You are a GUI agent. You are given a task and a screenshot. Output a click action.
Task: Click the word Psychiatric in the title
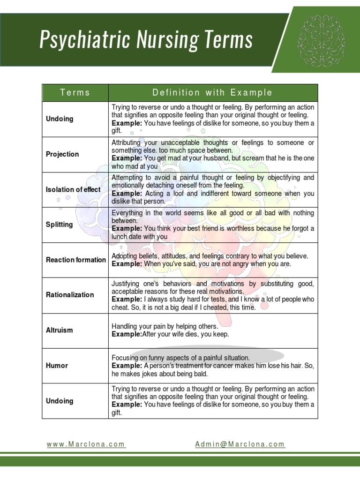click(x=79, y=40)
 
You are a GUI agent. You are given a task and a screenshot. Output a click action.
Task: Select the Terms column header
click(x=75, y=92)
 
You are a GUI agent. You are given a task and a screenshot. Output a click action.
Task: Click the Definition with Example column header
click(x=213, y=92)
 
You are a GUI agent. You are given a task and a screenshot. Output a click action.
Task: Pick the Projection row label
click(x=62, y=154)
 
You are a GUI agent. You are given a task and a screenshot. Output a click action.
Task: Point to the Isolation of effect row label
click(x=73, y=189)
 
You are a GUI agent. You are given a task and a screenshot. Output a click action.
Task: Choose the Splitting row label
click(x=60, y=225)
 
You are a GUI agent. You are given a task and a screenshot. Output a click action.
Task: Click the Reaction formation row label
click(x=76, y=260)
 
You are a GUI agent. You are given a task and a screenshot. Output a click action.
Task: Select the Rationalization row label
click(x=70, y=295)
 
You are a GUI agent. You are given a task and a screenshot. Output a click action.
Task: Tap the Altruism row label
click(x=60, y=330)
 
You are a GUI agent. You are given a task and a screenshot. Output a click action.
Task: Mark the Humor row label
click(x=57, y=366)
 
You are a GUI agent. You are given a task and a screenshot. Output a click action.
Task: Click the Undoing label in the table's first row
click(x=60, y=119)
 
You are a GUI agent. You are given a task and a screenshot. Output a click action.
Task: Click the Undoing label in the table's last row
click(x=60, y=401)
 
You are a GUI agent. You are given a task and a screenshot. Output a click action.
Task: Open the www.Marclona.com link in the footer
click(x=86, y=444)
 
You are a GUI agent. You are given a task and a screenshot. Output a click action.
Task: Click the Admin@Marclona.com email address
click(x=240, y=444)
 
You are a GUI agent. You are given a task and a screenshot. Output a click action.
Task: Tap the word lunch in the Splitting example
click(x=120, y=236)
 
